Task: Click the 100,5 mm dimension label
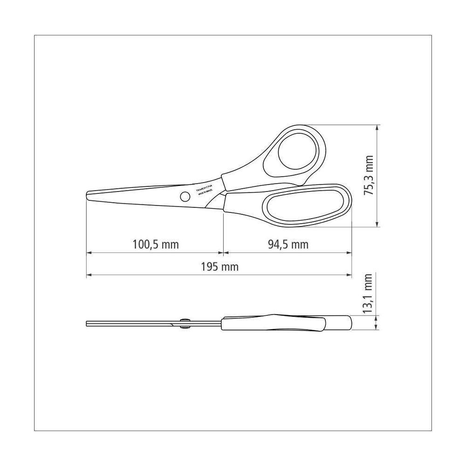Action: (x=156, y=244)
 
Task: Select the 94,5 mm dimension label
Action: (x=288, y=244)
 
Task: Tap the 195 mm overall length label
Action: (x=219, y=267)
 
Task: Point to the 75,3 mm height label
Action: (x=369, y=176)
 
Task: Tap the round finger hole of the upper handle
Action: (x=299, y=151)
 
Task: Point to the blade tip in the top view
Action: (x=89, y=195)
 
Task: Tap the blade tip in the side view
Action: (x=88, y=322)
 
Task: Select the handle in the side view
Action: (x=287, y=323)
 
